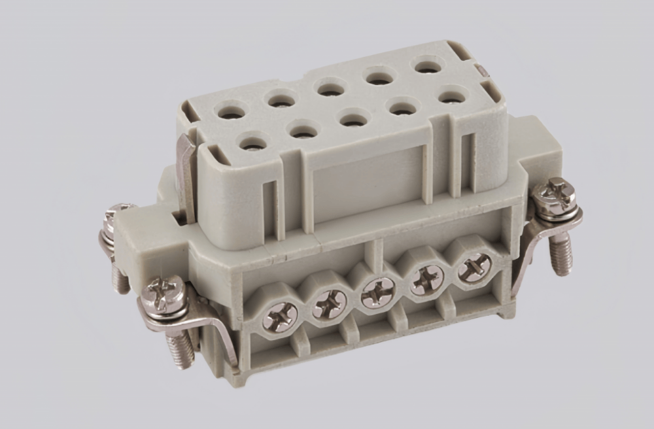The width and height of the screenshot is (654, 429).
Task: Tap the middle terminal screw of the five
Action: [x=377, y=292]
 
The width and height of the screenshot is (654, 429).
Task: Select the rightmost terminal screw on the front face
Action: [x=474, y=268]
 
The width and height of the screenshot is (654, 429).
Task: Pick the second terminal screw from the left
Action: [x=329, y=304]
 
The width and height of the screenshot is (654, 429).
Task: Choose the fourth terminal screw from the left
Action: [x=426, y=280]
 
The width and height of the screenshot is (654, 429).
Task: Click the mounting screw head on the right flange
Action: [x=554, y=196]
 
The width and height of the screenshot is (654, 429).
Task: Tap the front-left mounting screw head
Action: [x=160, y=294]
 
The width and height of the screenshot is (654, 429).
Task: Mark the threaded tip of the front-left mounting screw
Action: [x=181, y=351]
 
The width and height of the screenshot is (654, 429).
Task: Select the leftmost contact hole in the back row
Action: [x=231, y=112]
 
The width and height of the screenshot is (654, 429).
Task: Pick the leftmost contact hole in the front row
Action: [x=252, y=141]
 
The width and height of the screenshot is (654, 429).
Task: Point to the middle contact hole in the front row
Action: [x=353, y=119]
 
